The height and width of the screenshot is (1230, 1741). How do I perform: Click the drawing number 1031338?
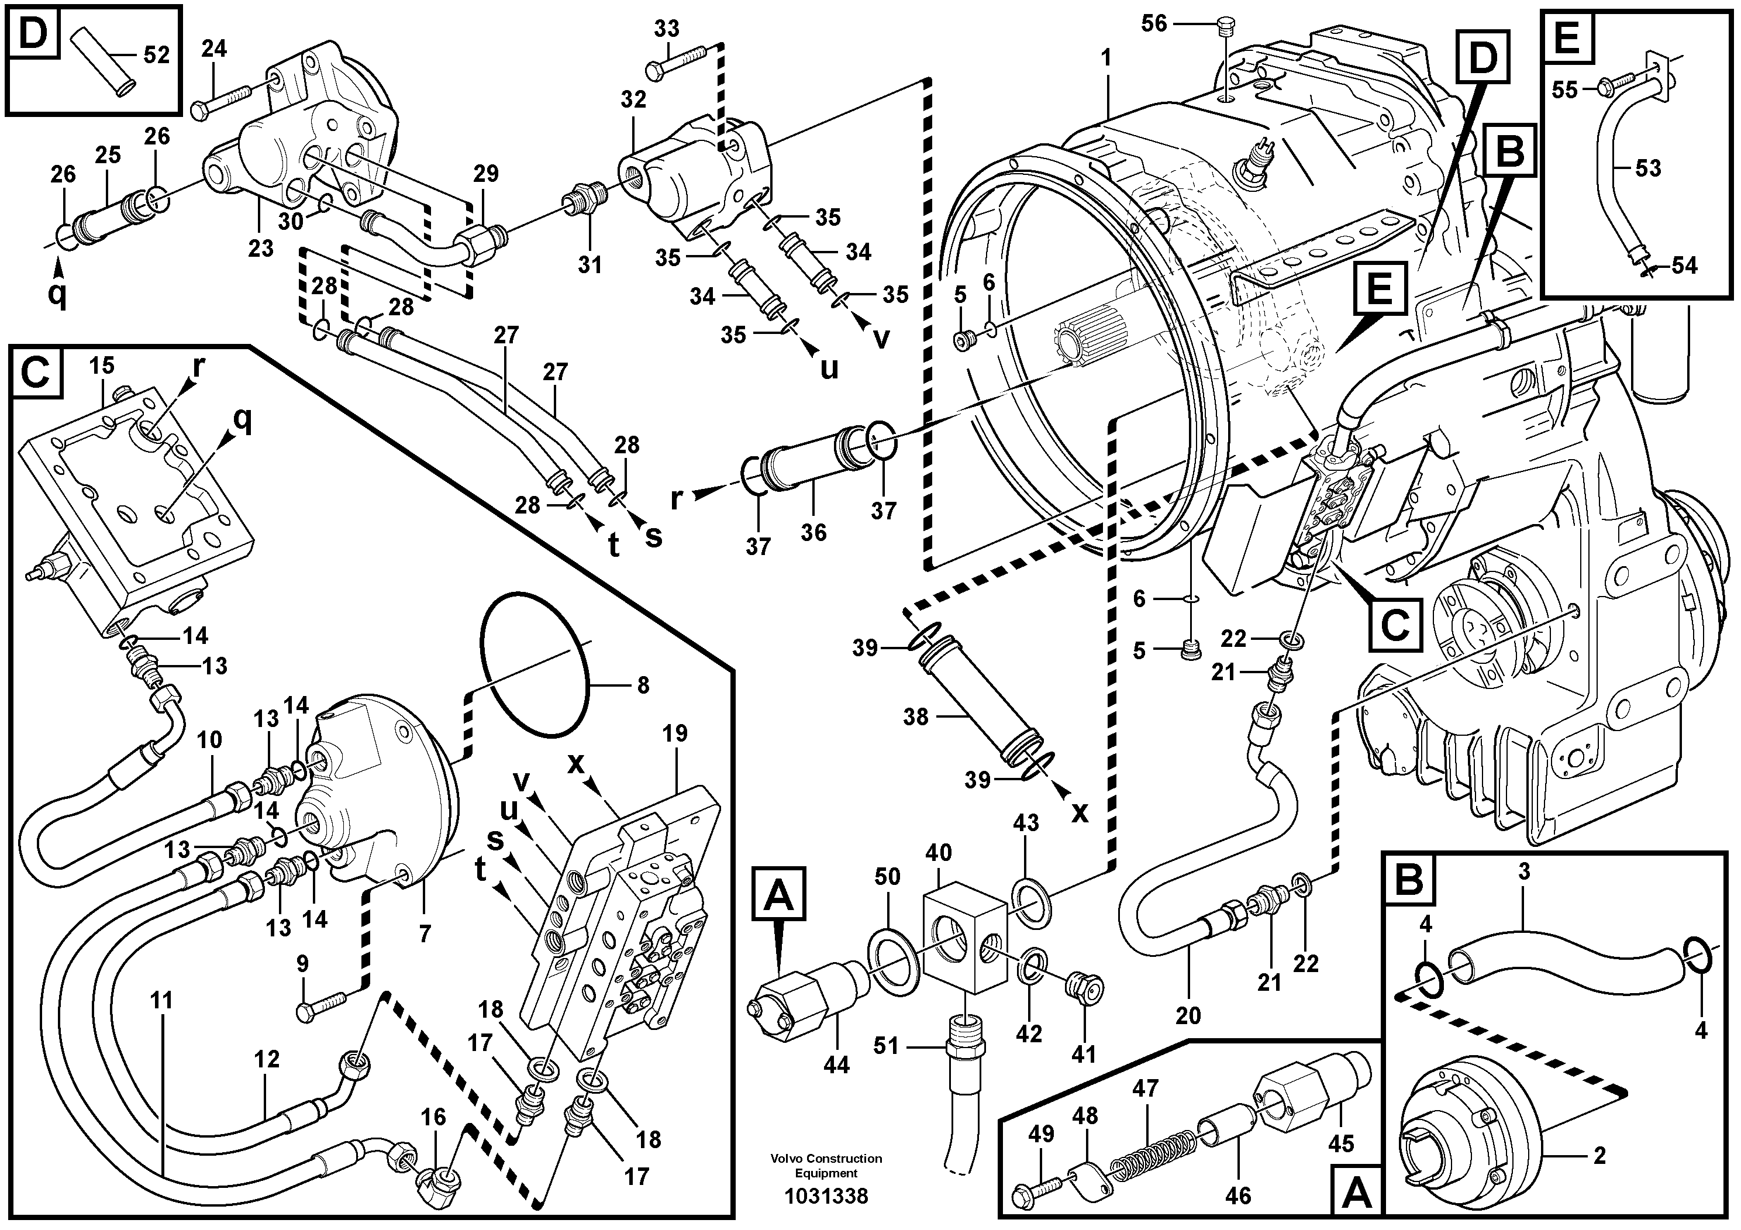point(826,1196)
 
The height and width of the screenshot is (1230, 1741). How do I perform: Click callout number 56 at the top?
point(1154,24)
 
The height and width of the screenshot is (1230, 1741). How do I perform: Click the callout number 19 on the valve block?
point(674,733)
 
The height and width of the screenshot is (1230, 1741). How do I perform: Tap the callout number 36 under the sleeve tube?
point(813,532)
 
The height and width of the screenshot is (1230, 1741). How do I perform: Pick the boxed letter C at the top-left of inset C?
point(36,373)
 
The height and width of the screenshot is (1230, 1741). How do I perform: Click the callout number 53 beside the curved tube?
point(1647,168)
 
